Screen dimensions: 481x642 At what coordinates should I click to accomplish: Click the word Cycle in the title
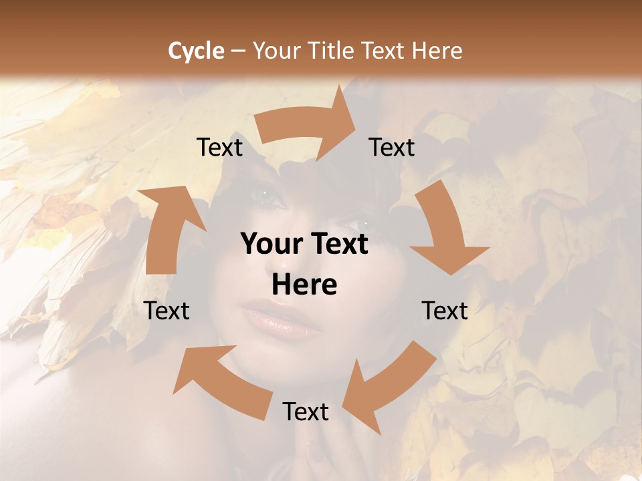point(196,51)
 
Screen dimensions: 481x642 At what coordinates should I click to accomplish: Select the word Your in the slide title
point(277,51)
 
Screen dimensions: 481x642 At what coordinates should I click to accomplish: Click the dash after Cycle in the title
point(238,51)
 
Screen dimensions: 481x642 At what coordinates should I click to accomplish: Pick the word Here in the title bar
point(437,51)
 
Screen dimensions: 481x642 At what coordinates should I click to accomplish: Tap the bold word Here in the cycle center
point(304,285)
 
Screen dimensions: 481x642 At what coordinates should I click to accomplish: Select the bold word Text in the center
point(338,245)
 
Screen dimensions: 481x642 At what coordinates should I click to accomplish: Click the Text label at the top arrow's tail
point(219,147)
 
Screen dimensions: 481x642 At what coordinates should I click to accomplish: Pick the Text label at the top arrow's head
point(392,147)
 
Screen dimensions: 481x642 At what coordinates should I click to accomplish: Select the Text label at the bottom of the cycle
point(306,412)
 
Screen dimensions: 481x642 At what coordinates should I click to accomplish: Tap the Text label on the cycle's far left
point(167,311)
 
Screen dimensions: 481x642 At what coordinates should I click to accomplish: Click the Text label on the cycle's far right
point(445,311)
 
